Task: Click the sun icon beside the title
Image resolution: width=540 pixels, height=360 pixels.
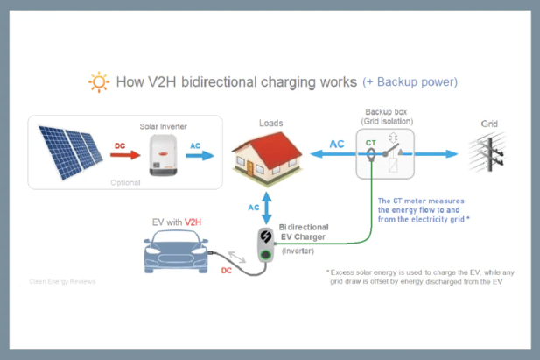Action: click(99, 83)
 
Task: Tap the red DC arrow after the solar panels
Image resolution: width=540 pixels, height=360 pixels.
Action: click(124, 155)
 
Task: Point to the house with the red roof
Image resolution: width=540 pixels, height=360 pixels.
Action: click(266, 156)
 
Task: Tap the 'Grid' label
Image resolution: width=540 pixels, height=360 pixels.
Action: click(490, 124)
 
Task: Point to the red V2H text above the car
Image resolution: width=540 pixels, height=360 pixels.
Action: click(193, 223)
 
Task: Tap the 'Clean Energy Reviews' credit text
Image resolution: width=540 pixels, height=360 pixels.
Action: click(62, 281)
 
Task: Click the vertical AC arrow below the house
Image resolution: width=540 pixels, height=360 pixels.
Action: click(266, 207)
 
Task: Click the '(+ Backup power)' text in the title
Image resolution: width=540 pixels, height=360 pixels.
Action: click(410, 82)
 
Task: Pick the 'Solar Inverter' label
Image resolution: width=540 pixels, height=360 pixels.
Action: click(164, 126)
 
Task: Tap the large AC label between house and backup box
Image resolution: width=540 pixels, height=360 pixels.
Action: click(336, 144)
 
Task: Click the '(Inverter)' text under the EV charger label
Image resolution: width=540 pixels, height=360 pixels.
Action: click(298, 251)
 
